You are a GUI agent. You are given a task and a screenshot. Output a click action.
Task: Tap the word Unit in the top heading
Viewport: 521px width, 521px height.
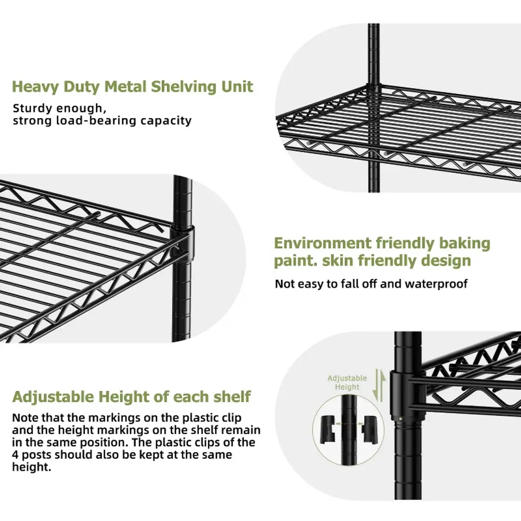[x=237, y=86]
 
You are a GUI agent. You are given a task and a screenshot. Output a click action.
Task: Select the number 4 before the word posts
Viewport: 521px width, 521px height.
[x=16, y=454]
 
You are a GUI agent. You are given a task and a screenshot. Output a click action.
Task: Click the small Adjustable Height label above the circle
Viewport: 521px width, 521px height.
[x=347, y=383]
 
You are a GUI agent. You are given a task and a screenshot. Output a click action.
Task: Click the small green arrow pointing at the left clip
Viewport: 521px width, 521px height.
[x=339, y=422]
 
